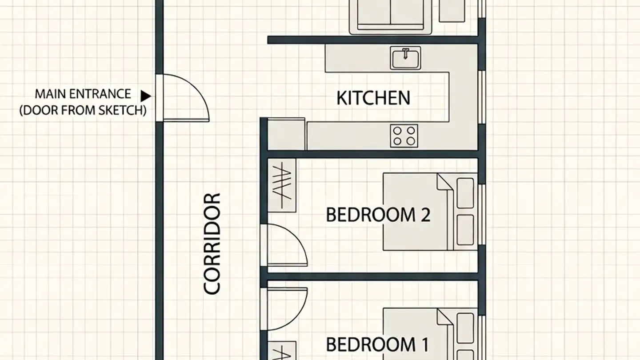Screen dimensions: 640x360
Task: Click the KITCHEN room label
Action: point(373,98)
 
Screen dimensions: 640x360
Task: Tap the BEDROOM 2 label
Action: point(378,215)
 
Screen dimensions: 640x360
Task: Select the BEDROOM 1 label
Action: point(377,344)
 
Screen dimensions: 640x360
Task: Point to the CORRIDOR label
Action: point(212,244)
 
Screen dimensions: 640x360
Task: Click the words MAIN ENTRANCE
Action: point(83,94)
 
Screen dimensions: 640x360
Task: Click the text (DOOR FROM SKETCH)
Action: point(83,110)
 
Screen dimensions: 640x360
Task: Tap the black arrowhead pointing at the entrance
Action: point(146,96)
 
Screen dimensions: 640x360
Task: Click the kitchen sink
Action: point(405,58)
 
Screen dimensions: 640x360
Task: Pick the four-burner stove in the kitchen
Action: point(404,136)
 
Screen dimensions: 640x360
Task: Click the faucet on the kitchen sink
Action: point(405,53)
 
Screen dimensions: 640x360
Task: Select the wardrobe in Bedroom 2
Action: point(282,185)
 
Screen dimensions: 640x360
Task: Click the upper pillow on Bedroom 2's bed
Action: point(465,193)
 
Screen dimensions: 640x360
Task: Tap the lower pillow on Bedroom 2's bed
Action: point(465,230)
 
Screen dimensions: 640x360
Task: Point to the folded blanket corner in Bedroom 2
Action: point(444,182)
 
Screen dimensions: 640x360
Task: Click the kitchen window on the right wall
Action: point(482,97)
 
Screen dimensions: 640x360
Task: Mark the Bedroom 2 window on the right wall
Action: point(482,214)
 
